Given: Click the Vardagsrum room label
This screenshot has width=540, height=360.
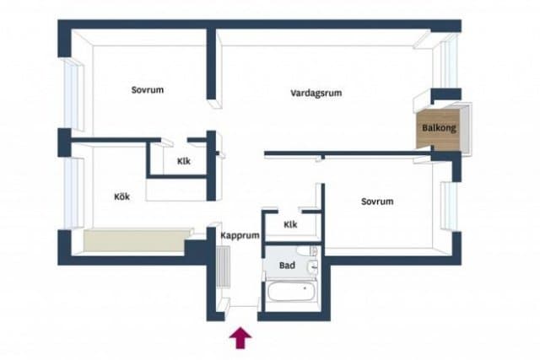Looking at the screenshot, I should pos(316,94).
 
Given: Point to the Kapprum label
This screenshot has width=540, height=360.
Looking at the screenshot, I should pos(239,236).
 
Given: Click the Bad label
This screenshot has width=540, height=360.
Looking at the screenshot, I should pos(288,265).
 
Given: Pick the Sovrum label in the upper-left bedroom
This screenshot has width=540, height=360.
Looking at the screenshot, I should pos(147,90).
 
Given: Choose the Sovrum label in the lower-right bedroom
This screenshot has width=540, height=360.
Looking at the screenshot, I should pos(377,201).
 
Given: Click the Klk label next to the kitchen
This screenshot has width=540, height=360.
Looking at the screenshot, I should pos(184,162).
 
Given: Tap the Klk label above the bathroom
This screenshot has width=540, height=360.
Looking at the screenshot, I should pos(290,225).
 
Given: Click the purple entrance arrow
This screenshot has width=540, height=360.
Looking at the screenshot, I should pos(240,337).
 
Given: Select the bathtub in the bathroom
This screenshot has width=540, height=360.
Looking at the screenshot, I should pos(292,295).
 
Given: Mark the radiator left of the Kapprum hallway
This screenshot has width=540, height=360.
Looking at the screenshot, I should pos(223,268).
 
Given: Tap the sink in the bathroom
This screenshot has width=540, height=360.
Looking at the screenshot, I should pos(313,268).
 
